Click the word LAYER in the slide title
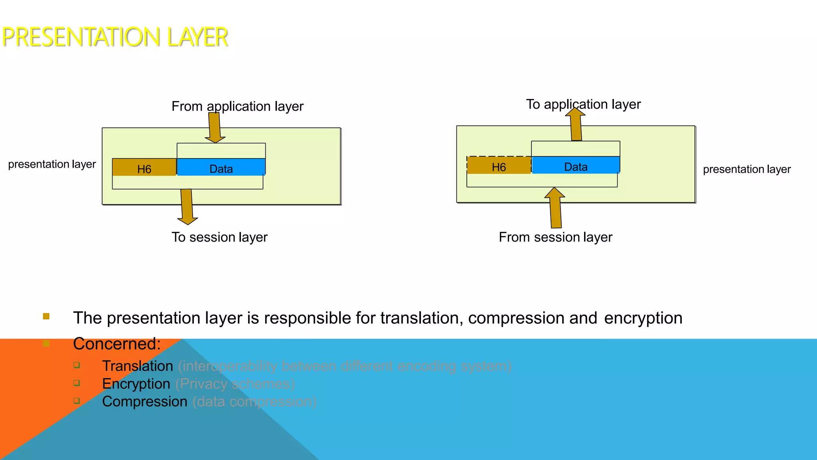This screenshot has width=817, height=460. [x=197, y=37]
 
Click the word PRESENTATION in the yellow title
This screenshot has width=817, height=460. [x=81, y=37]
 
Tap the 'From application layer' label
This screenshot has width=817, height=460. [x=237, y=106]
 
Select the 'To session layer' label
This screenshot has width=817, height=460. [x=219, y=237]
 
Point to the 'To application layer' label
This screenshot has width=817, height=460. [x=583, y=104]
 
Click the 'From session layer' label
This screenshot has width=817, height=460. [x=555, y=237]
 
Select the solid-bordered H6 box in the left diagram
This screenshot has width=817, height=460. [x=144, y=168]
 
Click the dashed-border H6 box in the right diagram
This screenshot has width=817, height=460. [x=499, y=166]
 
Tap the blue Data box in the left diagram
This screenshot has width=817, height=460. [x=221, y=168]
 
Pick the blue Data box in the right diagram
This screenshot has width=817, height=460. [x=576, y=166]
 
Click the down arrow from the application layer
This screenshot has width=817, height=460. [x=215, y=127]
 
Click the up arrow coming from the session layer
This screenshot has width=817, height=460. [x=555, y=208]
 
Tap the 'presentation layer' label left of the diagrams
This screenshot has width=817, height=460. [x=52, y=164]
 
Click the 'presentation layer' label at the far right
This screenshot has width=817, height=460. [x=746, y=169]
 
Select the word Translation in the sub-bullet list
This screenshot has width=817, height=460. [x=138, y=366]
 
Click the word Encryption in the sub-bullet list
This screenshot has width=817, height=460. [x=136, y=384]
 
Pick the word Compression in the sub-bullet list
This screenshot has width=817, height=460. [x=144, y=401]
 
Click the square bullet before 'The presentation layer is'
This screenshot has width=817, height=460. [x=46, y=316]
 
